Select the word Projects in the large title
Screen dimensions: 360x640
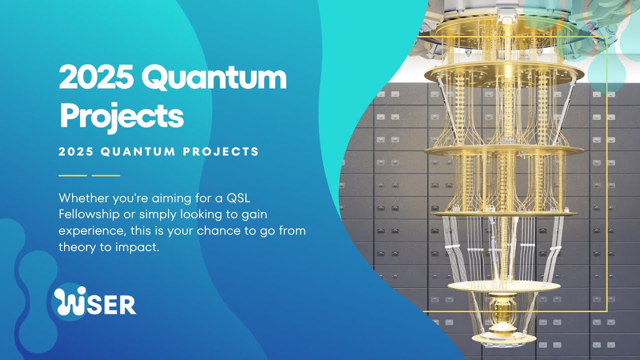pyautogui.click(x=121, y=115)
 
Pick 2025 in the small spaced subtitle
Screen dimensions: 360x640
pyautogui.click(x=76, y=151)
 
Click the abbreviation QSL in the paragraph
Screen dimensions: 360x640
pyautogui.click(x=237, y=198)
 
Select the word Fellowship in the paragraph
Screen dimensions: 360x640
pyautogui.click(x=83, y=214)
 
